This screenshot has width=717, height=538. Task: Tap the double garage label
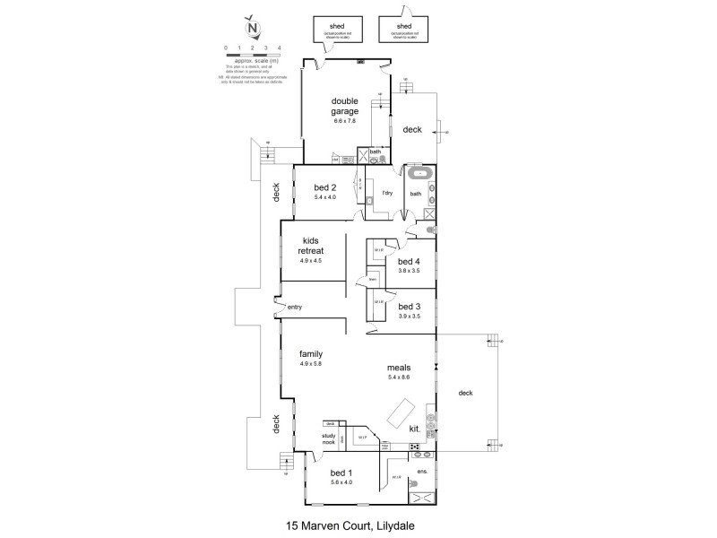point(344,107)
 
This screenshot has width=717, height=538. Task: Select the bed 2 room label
point(324,188)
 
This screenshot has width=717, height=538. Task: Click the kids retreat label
point(311,247)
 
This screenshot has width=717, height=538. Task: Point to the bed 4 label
point(410,262)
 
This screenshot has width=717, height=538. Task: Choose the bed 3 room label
point(410,307)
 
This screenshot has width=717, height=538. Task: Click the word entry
point(294,308)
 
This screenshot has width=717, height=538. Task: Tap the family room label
point(310,354)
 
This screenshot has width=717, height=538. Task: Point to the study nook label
point(328,439)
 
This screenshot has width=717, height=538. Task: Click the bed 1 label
point(341,473)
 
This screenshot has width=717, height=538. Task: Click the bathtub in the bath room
point(419,173)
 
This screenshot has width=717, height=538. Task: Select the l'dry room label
point(388,193)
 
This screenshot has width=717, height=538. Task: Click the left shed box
point(337,30)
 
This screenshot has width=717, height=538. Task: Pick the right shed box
point(404,30)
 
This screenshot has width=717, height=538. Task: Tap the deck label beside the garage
point(411,130)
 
